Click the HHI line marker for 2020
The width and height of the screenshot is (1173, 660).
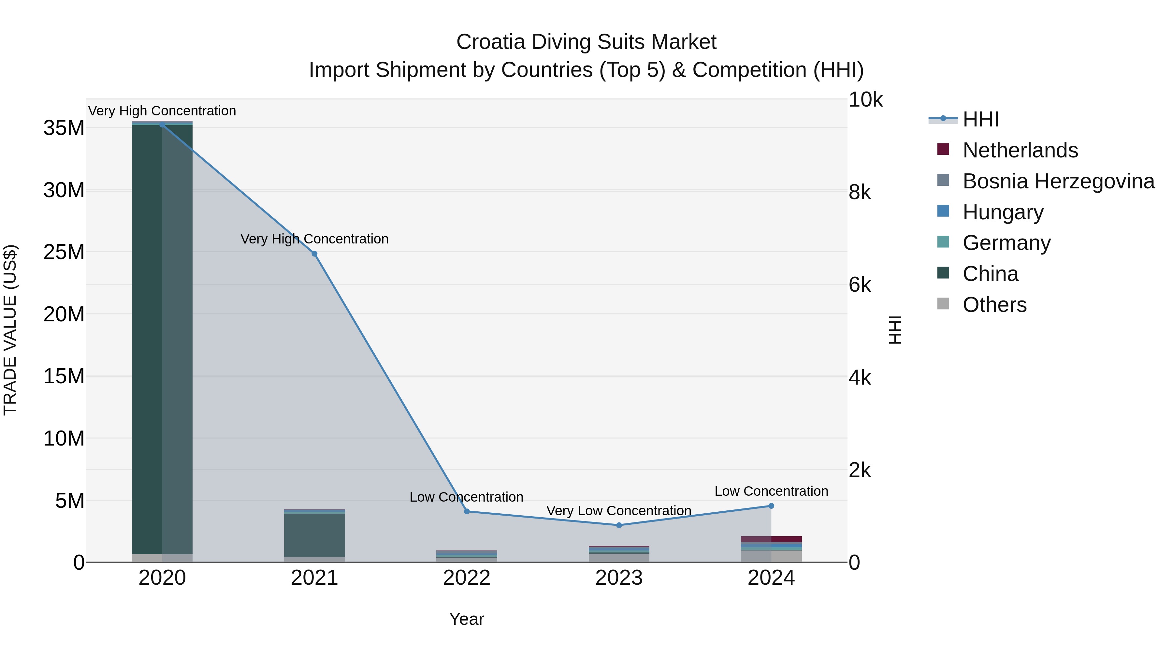(162, 125)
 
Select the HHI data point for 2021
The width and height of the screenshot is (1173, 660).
(314, 254)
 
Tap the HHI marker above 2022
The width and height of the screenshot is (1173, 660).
(466, 511)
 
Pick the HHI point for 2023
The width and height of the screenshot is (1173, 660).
(619, 525)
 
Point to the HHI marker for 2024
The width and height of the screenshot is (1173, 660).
(771, 506)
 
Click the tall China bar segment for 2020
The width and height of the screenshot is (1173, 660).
(162, 337)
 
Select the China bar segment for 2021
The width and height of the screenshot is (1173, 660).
(314, 535)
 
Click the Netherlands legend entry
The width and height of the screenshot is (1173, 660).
(1020, 150)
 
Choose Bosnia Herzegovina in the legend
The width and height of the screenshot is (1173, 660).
(1058, 181)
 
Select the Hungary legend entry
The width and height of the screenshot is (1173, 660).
(1003, 212)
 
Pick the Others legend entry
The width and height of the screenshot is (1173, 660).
(994, 305)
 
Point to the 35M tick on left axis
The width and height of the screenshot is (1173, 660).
(64, 128)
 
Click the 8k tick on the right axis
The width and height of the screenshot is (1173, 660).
(859, 192)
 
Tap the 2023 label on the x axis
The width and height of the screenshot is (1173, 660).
(619, 578)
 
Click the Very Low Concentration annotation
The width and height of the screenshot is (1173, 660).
(619, 511)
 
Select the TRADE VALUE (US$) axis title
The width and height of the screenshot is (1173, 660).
(10, 330)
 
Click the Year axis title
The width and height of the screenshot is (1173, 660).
(466, 619)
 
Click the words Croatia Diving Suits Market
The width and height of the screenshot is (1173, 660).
(586, 42)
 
